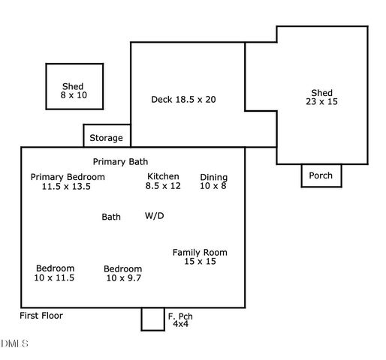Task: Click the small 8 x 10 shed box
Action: click(x=74, y=86)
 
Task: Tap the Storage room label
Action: click(x=107, y=138)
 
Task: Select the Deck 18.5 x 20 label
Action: click(x=183, y=99)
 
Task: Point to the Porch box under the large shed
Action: click(x=321, y=175)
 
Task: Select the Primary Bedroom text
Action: click(x=68, y=177)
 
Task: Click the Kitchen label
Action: click(x=163, y=177)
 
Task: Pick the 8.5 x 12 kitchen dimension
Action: click(x=163, y=186)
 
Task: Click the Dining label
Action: click(x=213, y=178)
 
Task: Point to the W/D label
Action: click(x=154, y=216)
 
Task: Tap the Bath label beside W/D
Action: click(x=111, y=217)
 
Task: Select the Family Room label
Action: click(x=200, y=253)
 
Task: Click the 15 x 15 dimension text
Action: click(x=200, y=262)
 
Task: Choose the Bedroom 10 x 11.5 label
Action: click(x=55, y=273)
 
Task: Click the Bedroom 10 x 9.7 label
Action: click(x=122, y=273)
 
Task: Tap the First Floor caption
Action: click(x=41, y=316)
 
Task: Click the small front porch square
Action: click(x=152, y=319)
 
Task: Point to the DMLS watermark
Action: click(x=14, y=344)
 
